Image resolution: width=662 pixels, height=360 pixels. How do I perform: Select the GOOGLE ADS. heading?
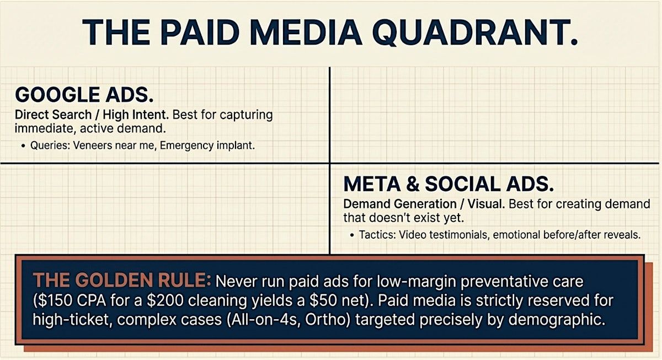pos(84,94)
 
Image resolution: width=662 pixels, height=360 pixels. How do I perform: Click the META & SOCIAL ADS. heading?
pos(449,184)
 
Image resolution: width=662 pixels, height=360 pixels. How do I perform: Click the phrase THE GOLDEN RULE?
pos(122,280)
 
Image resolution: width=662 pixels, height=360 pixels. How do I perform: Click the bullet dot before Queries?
pos(23,146)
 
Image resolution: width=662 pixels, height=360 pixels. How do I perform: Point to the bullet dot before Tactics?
pos(352,235)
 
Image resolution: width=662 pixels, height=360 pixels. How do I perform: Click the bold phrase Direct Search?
pos(53,115)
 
